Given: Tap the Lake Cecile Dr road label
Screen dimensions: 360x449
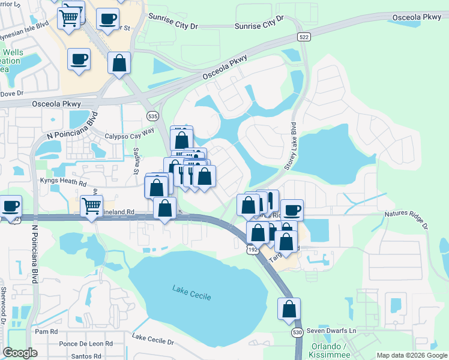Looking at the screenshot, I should (152, 340).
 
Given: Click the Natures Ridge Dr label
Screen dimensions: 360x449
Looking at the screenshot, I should (405, 218).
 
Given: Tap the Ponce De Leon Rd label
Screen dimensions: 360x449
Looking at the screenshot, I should (86, 344).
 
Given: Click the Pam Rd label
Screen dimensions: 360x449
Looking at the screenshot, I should (46, 331).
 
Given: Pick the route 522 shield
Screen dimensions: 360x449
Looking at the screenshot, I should (304, 38).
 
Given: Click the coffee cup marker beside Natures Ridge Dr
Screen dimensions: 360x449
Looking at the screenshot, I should (292, 209).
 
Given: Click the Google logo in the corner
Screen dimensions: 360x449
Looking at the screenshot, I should (20, 353).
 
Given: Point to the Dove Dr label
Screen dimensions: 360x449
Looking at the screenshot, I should (12, 93).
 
